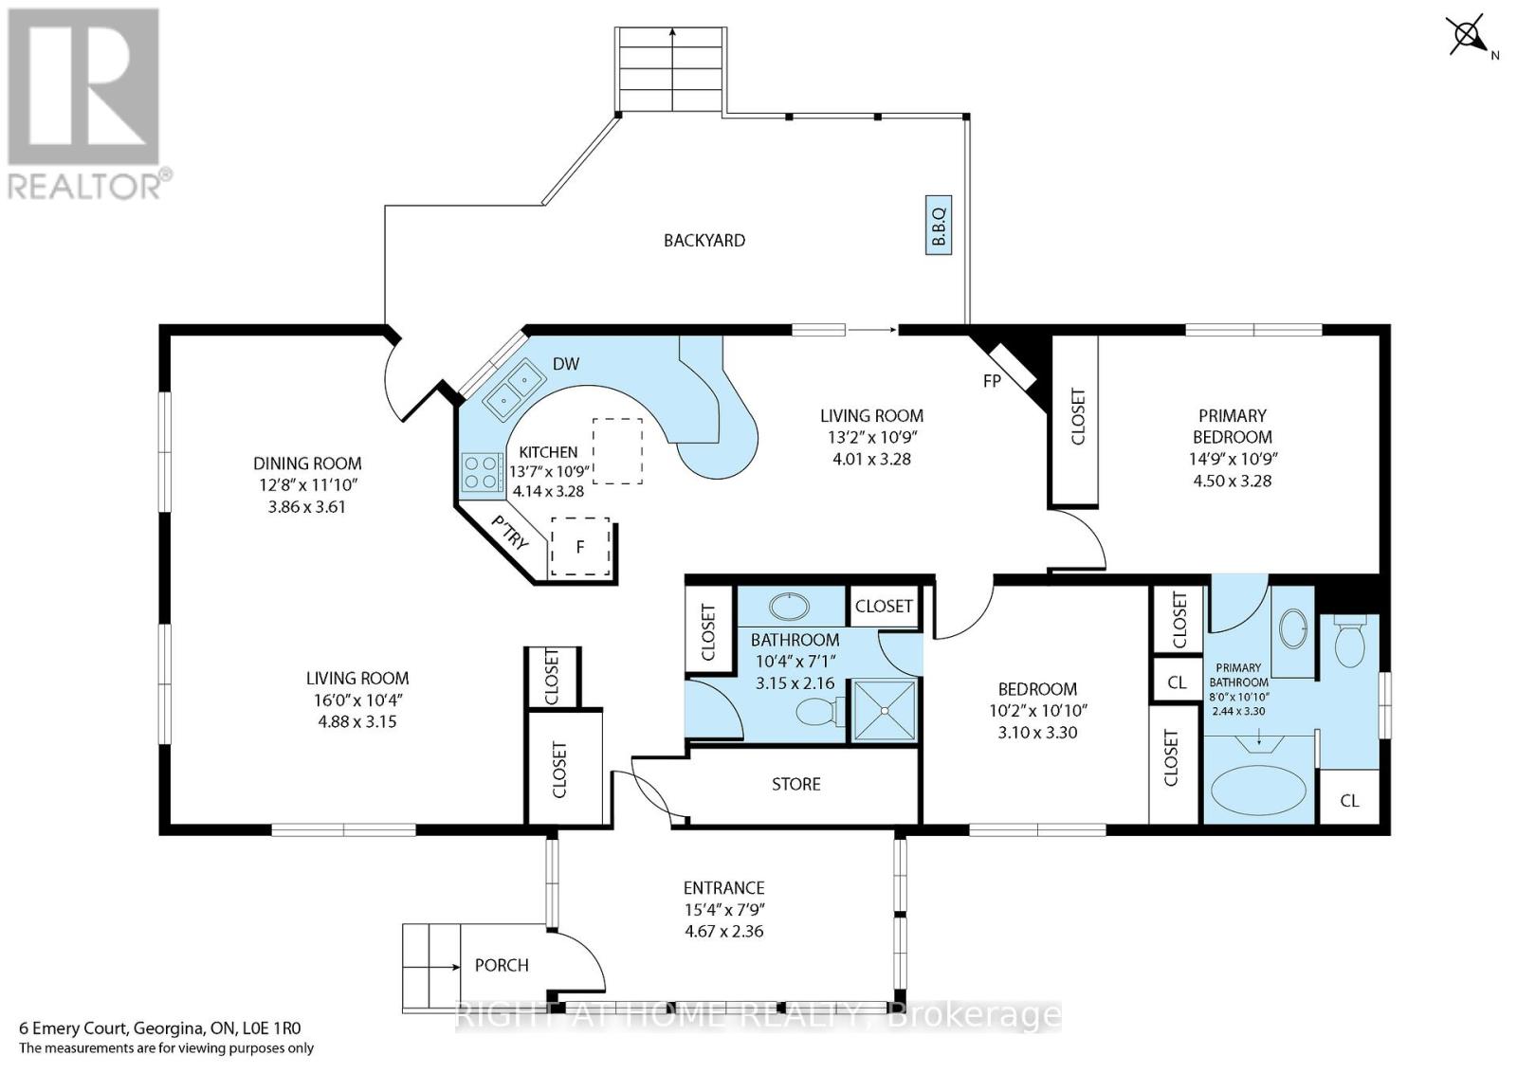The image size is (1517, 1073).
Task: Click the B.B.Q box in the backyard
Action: [x=939, y=226]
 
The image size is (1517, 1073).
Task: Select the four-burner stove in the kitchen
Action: [x=482, y=472]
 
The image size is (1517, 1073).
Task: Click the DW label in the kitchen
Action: [x=566, y=364]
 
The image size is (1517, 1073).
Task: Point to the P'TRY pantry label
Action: [x=510, y=533]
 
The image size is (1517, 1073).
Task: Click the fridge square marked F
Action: [x=580, y=547]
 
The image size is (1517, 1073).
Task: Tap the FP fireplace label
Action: [x=992, y=381]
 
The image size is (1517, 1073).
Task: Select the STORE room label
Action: [x=796, y=784]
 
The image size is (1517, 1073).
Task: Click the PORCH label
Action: [x=502, y=965]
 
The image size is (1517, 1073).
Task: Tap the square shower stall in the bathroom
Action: [x=884, y=710]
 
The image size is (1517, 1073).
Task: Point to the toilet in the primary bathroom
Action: [x=1350, y=642]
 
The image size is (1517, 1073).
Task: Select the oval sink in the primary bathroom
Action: [x=1293, y=629]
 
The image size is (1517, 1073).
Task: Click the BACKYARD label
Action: [x=704, y=241]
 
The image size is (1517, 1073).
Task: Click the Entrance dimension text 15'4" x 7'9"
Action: [x=724, y=909]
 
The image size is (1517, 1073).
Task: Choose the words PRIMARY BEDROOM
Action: [x=1233, y=426]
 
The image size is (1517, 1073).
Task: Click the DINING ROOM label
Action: [x=307, y=464]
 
